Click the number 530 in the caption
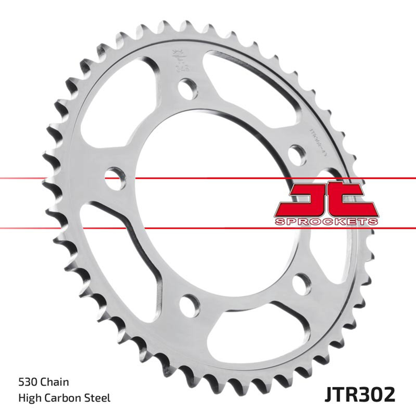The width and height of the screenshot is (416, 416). (27, 382)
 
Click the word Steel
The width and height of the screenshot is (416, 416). (98, 398)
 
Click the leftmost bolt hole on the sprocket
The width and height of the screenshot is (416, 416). (115, 178)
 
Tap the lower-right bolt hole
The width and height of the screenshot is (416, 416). (302, 285)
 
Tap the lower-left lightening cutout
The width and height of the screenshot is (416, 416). (110, 250)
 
